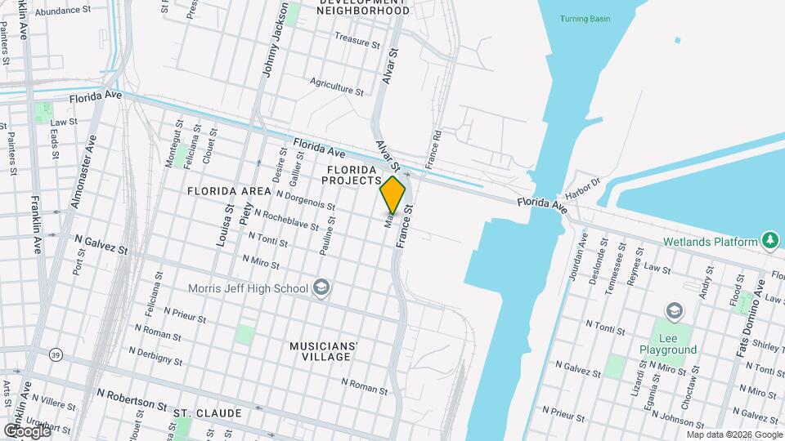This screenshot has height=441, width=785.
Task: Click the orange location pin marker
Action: click(392, 195)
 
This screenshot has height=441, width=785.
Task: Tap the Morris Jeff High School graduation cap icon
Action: click(321, 287)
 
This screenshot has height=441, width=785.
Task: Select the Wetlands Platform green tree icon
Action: click(769, 241)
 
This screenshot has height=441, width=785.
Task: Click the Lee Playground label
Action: click(668, 343)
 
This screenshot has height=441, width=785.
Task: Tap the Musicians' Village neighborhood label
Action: click(324, 351)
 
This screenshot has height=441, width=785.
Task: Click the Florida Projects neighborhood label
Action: click(354, 175)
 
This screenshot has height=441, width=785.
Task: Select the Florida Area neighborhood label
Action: click(229, 191)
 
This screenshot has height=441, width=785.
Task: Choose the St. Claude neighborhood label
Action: click(207, 413)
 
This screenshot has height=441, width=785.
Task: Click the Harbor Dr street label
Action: click(587, 185)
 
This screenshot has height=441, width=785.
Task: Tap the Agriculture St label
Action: click(337, 86)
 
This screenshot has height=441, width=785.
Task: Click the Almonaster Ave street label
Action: click(84, 171)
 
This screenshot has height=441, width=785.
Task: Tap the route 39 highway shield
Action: click(56, 354)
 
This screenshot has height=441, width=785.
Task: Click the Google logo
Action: click(27, 430)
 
